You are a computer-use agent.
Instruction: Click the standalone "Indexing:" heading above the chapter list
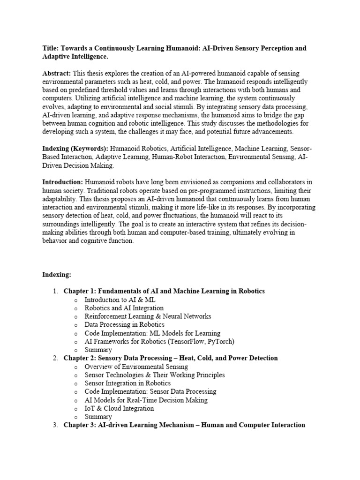57,274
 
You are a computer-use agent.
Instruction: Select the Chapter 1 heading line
164,291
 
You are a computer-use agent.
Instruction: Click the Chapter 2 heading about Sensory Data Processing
171,358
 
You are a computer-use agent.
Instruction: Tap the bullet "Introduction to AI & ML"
120,300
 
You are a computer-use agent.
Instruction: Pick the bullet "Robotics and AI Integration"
124,308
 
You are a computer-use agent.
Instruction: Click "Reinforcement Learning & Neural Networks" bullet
148,316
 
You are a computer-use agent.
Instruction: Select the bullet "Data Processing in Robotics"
125,324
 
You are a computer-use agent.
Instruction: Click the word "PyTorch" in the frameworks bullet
219,341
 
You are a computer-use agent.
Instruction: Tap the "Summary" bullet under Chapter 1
98,350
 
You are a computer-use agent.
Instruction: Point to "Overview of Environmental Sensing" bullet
136,367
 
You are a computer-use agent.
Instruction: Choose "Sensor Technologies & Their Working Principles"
154,375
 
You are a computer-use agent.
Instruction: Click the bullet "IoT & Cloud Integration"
119,408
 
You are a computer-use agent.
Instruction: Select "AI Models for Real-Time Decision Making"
146,400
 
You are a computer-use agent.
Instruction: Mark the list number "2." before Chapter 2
55,358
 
